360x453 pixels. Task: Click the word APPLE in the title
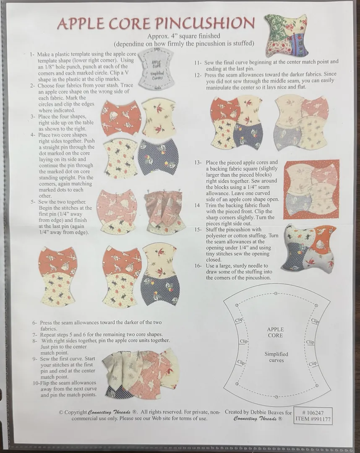click(79, 23)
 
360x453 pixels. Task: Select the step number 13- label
click(198, 163)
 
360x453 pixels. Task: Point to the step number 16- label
click(198, 266)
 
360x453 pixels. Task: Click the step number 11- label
click(198, 62)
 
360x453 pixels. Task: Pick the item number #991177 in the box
click(313, 419)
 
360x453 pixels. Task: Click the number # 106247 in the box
click(313, 413)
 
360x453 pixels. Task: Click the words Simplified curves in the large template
click(276, 357)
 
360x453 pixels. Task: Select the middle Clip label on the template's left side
click(243, 341)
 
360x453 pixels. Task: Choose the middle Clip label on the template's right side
click(310, 342)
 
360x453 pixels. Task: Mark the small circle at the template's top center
click(276, 293)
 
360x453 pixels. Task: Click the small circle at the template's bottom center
click(277, 396)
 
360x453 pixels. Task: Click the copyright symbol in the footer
click(61, 412)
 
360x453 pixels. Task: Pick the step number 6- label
click(35, 323)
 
